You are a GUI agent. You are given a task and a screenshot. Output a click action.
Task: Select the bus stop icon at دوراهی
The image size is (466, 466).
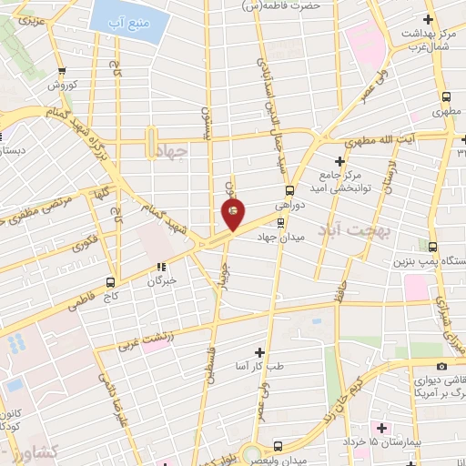click(x=289, y=190)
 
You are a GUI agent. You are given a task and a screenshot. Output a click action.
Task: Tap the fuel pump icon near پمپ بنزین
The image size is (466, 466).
click(x=432, y=246)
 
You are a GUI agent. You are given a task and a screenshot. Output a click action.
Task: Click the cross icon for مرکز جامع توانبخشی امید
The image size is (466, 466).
click(x=339, y=160)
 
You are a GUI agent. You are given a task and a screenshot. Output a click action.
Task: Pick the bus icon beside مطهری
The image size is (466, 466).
click(x=446, y=97)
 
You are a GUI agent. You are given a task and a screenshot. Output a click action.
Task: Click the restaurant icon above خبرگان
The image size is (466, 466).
click(x=161, y=267)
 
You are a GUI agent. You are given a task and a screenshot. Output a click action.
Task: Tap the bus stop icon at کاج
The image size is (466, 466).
click(x=111, y=281)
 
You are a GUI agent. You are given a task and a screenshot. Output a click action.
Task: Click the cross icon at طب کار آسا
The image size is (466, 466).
click(x=260, y=351)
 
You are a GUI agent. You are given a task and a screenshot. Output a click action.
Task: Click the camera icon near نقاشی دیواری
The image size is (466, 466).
click(x=442, y=365)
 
